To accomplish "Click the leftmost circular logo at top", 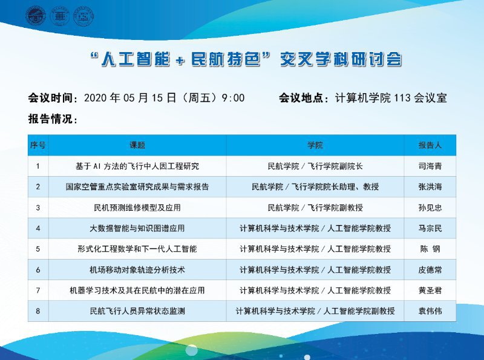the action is coord(36,16).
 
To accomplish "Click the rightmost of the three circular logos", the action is coord(83,16).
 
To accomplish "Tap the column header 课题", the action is coord(137,145).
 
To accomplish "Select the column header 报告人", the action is coord(430,145).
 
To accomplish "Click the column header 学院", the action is coord(315,145).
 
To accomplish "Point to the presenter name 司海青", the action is coord(430,166).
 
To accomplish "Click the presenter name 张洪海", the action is coord(430,187).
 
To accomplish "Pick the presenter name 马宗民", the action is coord(430,228).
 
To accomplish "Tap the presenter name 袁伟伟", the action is coord(430,311).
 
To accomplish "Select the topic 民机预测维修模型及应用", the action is coord(137,208).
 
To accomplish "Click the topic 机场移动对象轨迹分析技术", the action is coord(137,270).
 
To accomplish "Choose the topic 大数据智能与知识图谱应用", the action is coord(137,228).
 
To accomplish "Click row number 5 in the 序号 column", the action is coord(38,249).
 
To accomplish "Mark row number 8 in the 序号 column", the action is coord(38,311).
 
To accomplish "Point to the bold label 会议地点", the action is coord(301,98).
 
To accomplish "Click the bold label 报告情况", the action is coord(50,119).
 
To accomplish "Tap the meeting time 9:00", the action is coord(233,98).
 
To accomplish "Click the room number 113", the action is coord(402,98).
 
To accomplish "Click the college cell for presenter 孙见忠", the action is coord(315,208).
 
